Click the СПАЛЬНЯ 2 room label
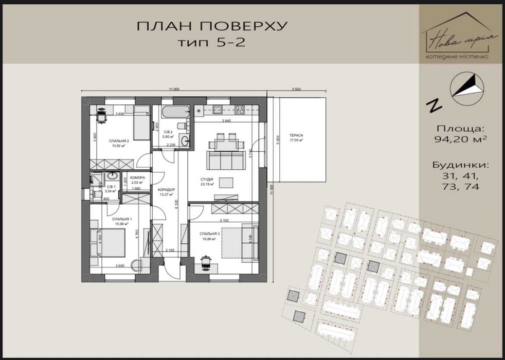119,140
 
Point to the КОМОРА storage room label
137,178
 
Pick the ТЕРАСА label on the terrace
296,136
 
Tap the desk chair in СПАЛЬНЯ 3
206,261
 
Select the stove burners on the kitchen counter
239,110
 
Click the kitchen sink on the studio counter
217,109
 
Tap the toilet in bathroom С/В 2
180,126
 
